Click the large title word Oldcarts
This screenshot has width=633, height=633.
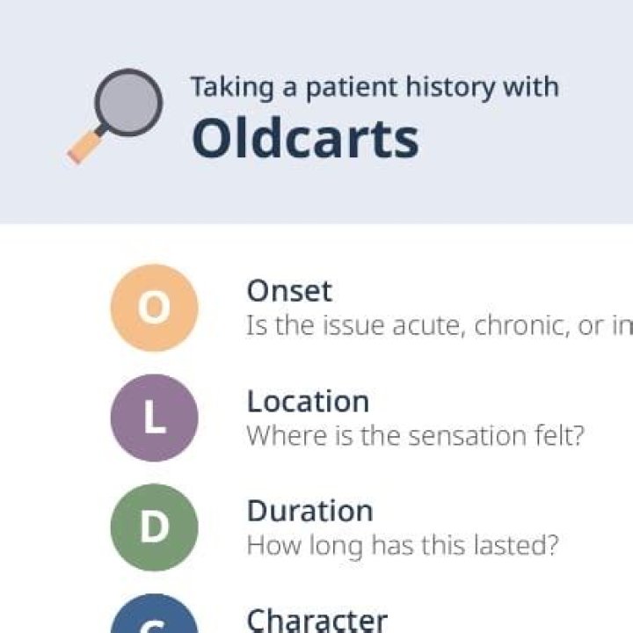click(x=305, y=138)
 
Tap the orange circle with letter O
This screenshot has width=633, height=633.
click(x=154, y=308)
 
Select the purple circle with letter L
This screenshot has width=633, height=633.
click(x=154, y=418)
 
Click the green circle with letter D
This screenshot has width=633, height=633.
click(x=154, y=527)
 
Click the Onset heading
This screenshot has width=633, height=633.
click(x=289, y=291)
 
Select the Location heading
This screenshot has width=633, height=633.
click(x=308, y=401)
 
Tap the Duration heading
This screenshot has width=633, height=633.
click(x=309, y=511)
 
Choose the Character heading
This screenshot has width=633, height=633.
click(x=316, y=620)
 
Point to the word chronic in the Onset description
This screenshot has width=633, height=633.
click(x=520, y=326)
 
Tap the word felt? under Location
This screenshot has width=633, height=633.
click(x=559, y=435)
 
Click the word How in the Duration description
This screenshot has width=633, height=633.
click(x=269, y=545)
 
